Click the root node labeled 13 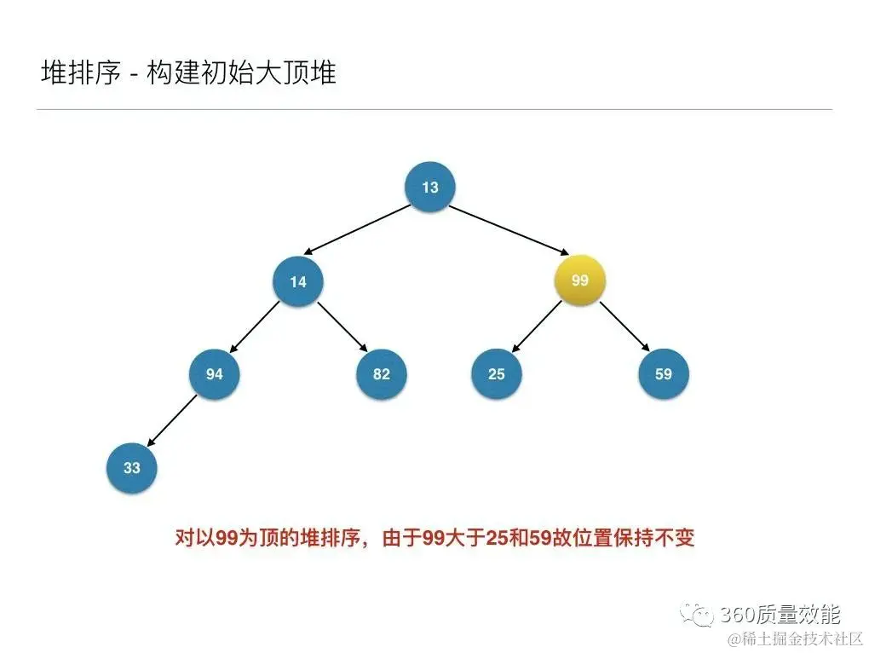430,186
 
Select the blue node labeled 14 298,280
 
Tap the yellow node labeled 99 580,279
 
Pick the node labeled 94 215,373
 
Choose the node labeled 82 382,373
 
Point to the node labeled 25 497,373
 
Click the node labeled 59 664,373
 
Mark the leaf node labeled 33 131,467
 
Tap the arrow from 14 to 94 255,327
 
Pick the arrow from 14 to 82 342,328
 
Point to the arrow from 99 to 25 536,328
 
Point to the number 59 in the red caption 555,538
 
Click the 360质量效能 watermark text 780,614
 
